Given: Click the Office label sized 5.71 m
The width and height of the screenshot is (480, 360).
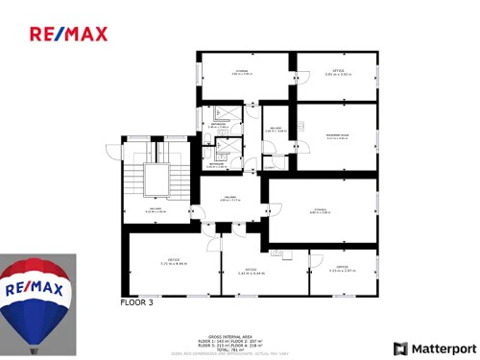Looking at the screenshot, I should (174, 261).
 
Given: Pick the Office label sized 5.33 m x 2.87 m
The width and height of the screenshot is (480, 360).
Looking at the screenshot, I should (342, 269).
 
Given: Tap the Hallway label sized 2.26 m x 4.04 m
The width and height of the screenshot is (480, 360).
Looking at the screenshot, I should (276, 130).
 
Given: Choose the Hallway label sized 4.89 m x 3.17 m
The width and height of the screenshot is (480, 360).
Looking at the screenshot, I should (230, 199).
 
